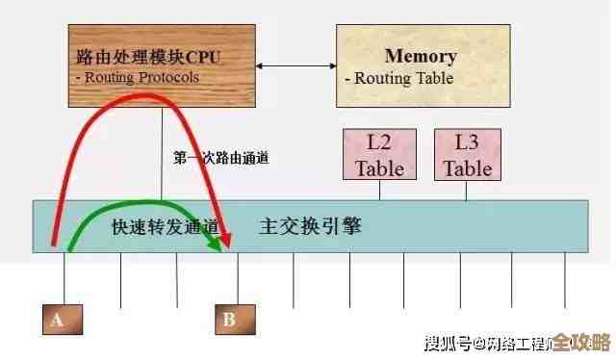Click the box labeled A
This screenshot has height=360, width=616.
pyautogui.click(x=58, y=320)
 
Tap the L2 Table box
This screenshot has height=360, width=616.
pyautogui.click(x=378, y=156)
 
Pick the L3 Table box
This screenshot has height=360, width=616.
pyautogui.click(x=467, y=155)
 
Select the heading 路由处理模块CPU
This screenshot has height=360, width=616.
pyautogui.click(x=147, y=57)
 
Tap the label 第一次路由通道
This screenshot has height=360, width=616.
pyautogui.click(x=220, y=157)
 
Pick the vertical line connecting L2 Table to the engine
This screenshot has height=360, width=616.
pyautogui.click(x=378, y=191)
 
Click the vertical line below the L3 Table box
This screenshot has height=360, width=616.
pyautogui.click(x=467, y=191)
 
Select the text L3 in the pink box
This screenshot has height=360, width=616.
pyautogui.click(x=467, y=142)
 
